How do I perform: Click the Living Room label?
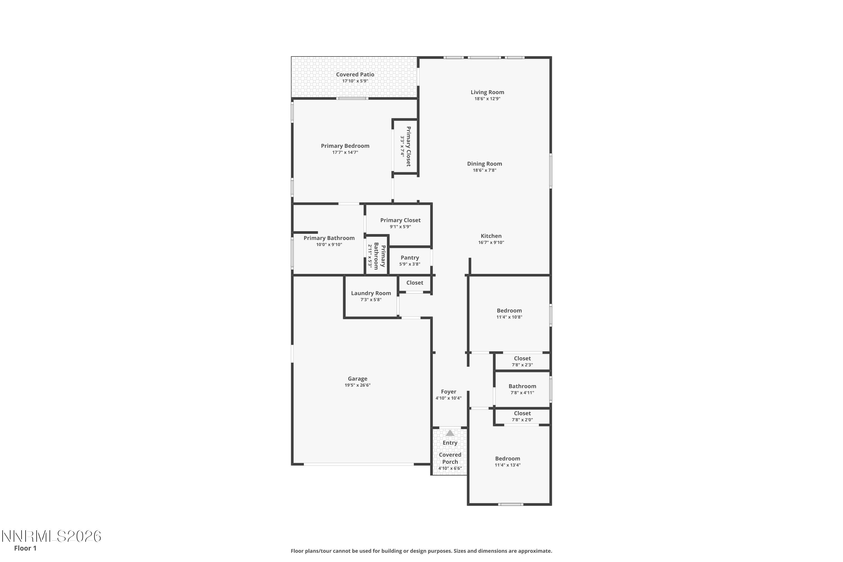pyautogui.click(x=487, y=92)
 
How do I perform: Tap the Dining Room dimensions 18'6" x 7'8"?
pyautogui.click(x=484, y=170)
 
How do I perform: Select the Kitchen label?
pyautogui.click(x=491, y=236)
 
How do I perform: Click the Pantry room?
pyautogui.click(x=410, y=260)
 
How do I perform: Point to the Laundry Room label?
pyautogui.click(x=371, y=293)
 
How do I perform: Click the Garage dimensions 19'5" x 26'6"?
pyautogui.click(x=357, y=385)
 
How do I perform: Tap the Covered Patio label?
pyautogui.click(x=355, y=74)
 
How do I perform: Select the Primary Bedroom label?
pyautogui.click(x=345, y=146)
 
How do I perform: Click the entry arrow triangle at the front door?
pyautogui.click(x=450, y=433)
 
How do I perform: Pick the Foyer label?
pyautogui.click(x=448, y=392)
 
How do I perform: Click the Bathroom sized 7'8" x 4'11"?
pyautogui.click(x=522, y=389)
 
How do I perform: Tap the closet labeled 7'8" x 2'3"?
pyautogui.click(x=522, y=361)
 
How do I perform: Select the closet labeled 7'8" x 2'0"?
pyautogui.click(x=522, y=416)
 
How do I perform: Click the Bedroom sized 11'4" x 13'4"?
pyautogui.click(x=507, y=461)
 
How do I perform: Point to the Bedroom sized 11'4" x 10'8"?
pyautogui.click(x=509, y=313)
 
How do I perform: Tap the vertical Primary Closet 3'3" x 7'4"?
pyautogui.click(x=406, y=146)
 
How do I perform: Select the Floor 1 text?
pyautogui.click(x=25, y=548)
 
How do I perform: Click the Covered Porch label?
pyautogui.click(x=450, y=458)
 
